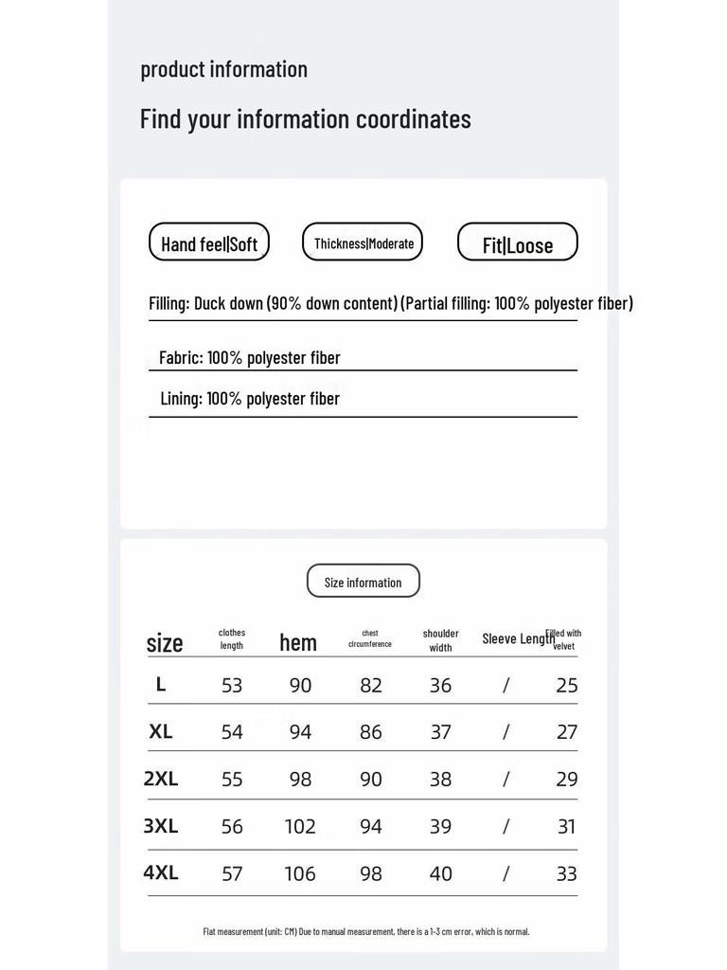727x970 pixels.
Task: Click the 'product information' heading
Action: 223,69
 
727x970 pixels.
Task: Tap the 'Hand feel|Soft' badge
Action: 209,243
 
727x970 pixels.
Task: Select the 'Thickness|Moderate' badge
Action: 363,243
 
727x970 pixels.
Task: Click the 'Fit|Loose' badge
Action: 518,244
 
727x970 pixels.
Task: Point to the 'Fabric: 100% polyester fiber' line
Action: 249,357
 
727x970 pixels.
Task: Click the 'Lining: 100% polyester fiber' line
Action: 250,398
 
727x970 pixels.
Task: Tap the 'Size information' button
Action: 363,582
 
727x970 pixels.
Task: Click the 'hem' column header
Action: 298,642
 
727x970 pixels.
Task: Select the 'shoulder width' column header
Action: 441,640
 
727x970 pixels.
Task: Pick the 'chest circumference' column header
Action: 370,638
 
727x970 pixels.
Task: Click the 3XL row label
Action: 161,826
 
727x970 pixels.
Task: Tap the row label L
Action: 161,684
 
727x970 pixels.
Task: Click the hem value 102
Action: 300,826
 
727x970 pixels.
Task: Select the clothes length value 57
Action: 232,873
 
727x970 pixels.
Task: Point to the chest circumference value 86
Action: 371,731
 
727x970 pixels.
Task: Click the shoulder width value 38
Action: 441,779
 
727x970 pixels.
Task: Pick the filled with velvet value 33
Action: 567,873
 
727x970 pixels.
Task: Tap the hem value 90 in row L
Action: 300,685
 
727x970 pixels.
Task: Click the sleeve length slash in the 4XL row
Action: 505,873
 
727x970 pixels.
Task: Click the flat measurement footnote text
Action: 366,931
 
